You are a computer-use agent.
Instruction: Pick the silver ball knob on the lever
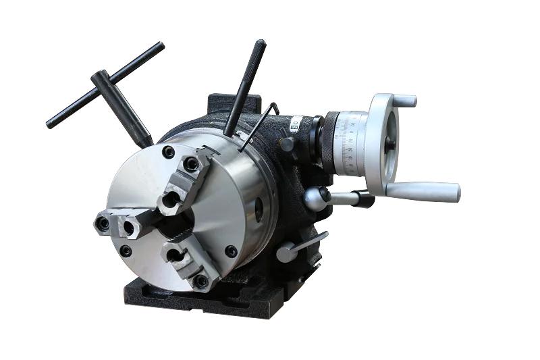coord(314,197)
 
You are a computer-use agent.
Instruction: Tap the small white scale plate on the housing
coord(295,123)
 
